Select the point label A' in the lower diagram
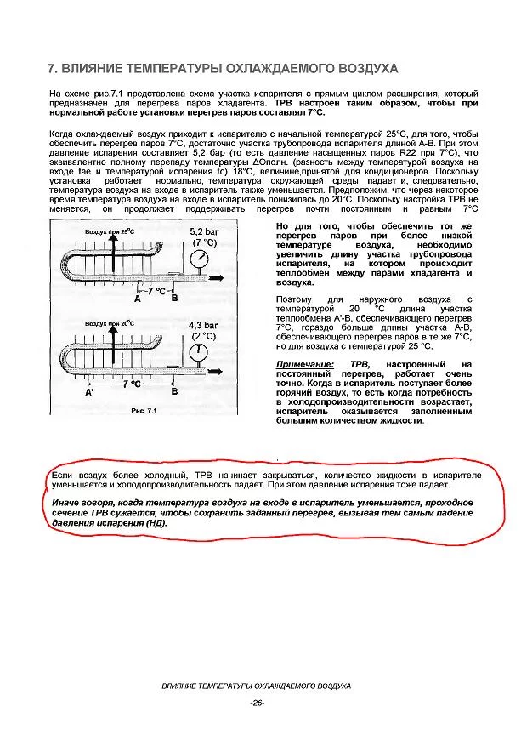point(89,393)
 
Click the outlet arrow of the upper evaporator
point(220,278)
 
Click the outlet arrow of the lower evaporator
point(220,372)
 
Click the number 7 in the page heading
point(51,68)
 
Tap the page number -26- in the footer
point(258,702)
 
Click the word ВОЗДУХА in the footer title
point(327,686)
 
